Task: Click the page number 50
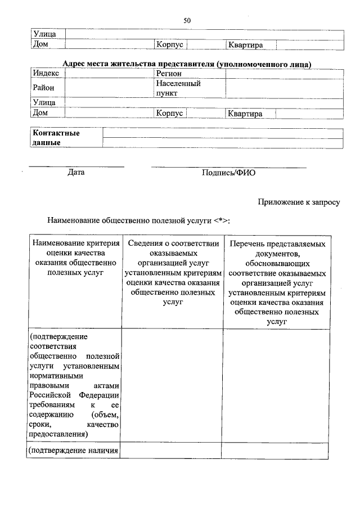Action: point(187,21)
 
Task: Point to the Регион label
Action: point(169,74)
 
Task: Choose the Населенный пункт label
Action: point(178,88)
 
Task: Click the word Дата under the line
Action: point(75,173)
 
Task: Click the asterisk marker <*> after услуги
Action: point(221,220)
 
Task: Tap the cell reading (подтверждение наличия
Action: point(73,451)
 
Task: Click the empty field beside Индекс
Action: point(110,74)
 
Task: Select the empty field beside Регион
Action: point(284,74)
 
